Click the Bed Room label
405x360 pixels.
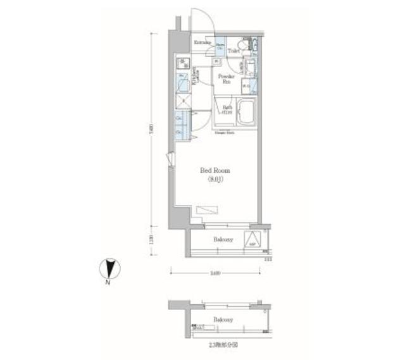(215, 171)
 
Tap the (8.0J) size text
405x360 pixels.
(215, 180)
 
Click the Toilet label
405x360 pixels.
(234, 49)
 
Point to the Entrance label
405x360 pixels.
(202, 43)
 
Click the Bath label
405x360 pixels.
(227, 109)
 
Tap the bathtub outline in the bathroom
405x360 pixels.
(245, 112)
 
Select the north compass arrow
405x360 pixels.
(109, 268)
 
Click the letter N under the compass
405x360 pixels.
(109, 283)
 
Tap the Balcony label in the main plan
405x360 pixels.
(222, 240)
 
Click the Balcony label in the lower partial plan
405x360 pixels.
(222, 320)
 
